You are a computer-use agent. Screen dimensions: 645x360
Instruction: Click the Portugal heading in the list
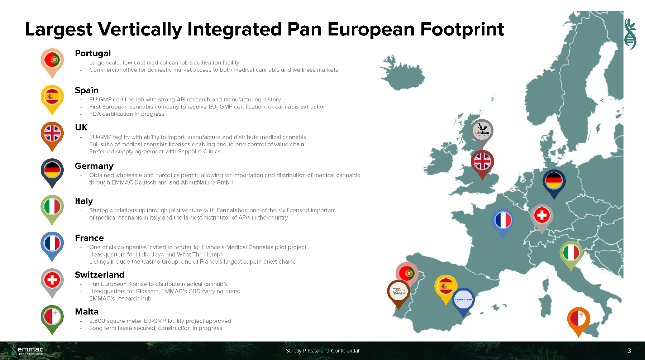point(93,53)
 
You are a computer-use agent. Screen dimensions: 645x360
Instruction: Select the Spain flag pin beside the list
point(52,100)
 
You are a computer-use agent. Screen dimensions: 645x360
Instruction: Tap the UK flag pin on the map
point(482,164)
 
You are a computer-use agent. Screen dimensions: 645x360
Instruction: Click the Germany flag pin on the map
point(554,184)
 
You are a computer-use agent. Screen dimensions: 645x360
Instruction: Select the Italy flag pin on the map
point(571,256)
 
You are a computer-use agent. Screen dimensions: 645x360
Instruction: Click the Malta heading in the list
point(87,312)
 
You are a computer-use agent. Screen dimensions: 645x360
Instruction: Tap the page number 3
point(629,351)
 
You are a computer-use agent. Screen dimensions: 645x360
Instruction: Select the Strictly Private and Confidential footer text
point(322,351)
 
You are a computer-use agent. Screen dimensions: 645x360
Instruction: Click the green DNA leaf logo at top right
point(630,34)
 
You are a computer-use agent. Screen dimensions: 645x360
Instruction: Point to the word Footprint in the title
point(462,29)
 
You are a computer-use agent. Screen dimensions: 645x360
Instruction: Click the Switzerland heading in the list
point(100,275)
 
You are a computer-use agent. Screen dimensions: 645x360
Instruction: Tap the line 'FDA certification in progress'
point(127,114)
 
